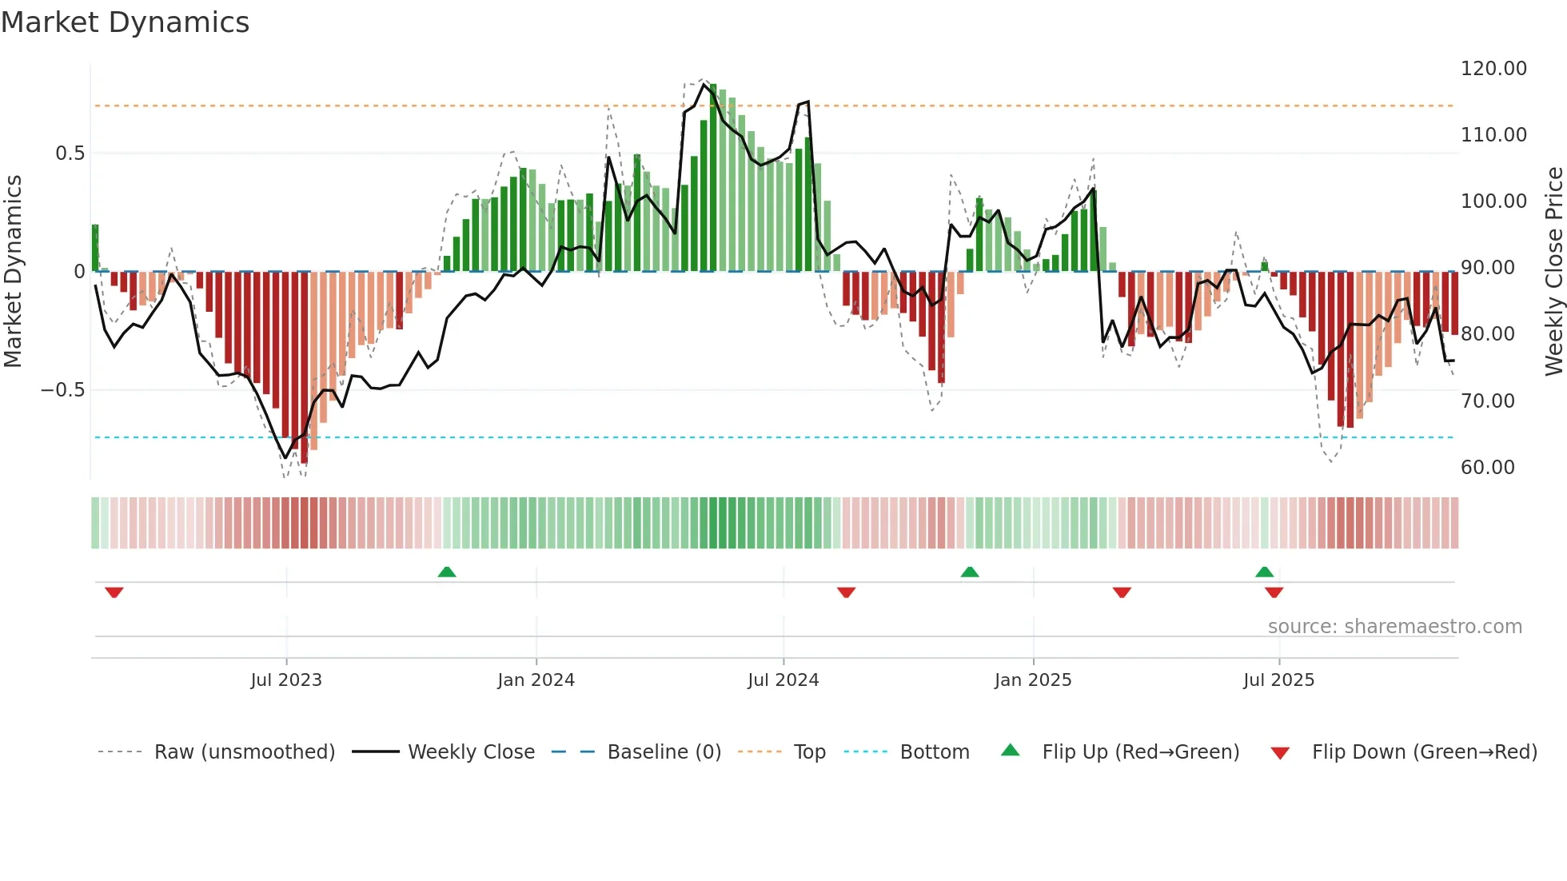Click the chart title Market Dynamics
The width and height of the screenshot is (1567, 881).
tap(125, 22)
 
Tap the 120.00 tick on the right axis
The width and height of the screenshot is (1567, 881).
tap(1493, 69)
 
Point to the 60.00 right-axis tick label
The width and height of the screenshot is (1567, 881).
tap(1487, 468)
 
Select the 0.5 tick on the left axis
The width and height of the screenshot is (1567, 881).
tap(70, 153)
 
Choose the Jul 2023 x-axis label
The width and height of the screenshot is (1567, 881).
tap(286, 680)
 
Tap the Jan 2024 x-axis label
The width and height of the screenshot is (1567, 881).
tap(536, 680)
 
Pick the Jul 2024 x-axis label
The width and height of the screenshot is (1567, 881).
tap(783, 680)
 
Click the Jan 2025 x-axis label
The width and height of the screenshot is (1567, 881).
tap(1033, 680)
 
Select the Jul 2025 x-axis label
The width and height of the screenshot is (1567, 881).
tap(1278, 680)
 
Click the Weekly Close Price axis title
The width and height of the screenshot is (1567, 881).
tap(1553, 271)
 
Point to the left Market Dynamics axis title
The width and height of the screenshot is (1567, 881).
tap(13, 271)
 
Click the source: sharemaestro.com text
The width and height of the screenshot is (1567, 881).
tap(1394, 627)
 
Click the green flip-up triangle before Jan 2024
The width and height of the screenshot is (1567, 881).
tap(447, 572)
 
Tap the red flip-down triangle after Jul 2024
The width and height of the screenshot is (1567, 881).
tap(846, 592)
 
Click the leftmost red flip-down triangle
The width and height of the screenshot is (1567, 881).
tap(114, 592)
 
